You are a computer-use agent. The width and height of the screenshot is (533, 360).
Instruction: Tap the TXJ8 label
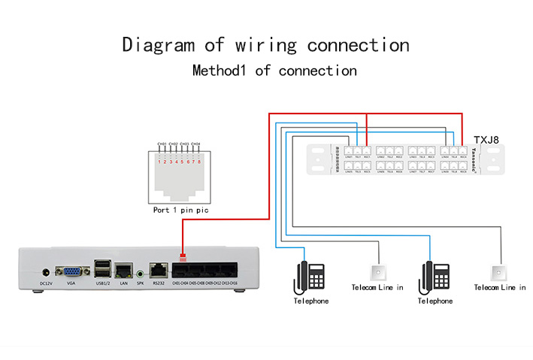tap(486, 140)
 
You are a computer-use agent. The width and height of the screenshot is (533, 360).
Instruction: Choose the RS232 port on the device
tap(158, 268)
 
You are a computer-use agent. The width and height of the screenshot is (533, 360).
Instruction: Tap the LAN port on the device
tap(124, 268)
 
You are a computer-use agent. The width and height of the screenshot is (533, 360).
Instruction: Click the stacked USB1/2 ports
tap(102, 268)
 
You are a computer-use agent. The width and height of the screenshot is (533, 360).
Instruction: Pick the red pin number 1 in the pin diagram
tap(159, 162)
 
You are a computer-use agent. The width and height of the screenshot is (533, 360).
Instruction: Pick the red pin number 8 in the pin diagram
tap(199, 162)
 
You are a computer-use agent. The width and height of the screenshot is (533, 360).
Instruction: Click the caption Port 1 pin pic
tap(180, 210)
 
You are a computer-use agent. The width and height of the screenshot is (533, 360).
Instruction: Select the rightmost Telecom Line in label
tap(500, 288)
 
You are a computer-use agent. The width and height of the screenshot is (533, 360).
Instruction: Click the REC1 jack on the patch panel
tap(366, 151)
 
